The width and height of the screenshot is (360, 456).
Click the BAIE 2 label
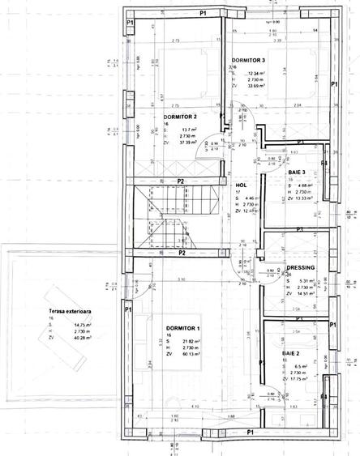[x=294, y=353]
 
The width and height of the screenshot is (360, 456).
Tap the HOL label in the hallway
[x=240, y=185]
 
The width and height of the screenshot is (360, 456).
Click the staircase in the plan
[x=166, y=216]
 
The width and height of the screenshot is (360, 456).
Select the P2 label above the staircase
[x=182, y=182]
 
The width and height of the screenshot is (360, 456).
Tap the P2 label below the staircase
[x=182, y=254]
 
